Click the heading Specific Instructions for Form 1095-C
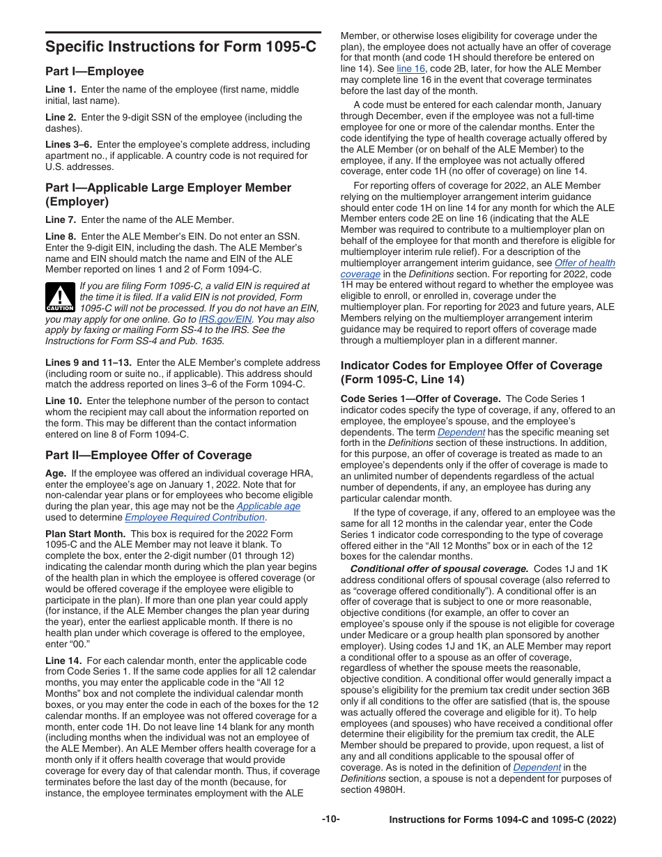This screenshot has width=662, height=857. [180, 47]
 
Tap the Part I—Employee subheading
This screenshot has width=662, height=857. [95, 72]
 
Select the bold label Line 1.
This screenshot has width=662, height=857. [61, 90]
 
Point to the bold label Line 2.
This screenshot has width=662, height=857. [61, 118]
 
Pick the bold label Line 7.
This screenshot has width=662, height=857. [61, 219]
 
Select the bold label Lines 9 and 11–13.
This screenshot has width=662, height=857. [88, 363]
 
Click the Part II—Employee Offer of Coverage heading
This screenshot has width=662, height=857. [148, 456]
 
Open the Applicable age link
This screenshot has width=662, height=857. [268, 507]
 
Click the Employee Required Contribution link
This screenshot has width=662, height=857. [194, 518]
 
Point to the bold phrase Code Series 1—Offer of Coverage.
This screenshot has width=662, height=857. [420, 399]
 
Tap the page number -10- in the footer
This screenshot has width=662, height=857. [330, 819]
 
